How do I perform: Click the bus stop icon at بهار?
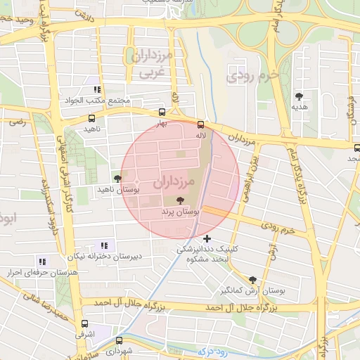pyautogui.click(x=162, y=111)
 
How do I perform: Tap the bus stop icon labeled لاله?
pyautogui.click(x=201, y=124)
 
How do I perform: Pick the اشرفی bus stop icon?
pyautogui.click(x=85, y=324)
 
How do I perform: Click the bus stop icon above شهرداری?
pyautogui.click(x=118, y=340)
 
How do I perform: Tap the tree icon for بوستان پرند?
pyautogui.click(x=181, y=201)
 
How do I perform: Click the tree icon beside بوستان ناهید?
pyautogui.click(x=117, y=179)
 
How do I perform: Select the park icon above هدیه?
pyautogui.click(x=300, y=96)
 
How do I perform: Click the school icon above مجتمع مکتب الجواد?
pyautogui.click(x=98, y=90)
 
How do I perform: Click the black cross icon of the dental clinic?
pyautogui.click(x=207, y=239)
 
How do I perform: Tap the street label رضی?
pyautogui.click(x=16, y=122)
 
